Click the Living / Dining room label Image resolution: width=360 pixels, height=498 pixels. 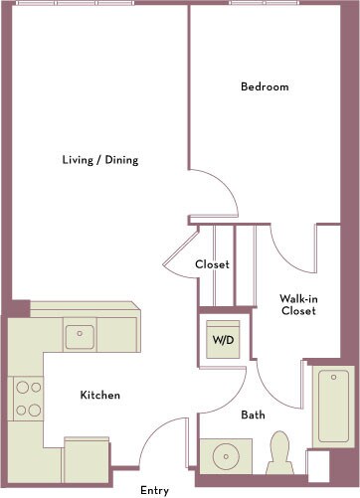click(100, 160)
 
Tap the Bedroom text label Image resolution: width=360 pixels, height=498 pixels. click(265, 86)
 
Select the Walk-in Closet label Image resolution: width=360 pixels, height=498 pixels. click(297, 304)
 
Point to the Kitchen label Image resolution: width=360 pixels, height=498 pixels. click(100, 396)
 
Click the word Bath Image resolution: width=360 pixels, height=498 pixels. click(253, 415)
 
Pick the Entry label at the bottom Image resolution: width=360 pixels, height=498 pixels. click(154, 489)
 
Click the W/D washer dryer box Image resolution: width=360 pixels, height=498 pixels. click(223, 338)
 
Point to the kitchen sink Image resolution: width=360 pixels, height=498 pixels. click(80, 336)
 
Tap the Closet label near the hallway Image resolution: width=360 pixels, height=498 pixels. click(212, 265)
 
